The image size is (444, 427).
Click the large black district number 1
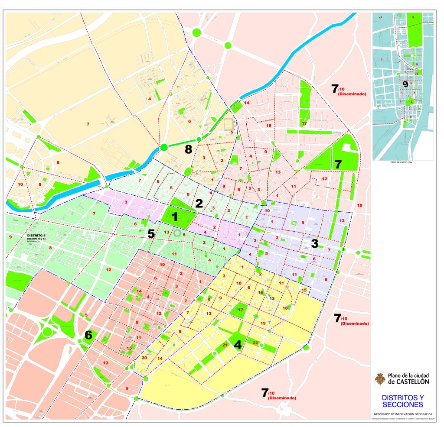point(175,217)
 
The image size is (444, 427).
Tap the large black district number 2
point(199,204)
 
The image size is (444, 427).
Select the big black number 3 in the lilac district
point(315,243)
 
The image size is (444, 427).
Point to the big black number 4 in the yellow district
point(238,345)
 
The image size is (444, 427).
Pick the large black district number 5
point(151,233)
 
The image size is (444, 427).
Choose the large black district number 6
point(88,335)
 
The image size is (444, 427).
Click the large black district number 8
point(188,150)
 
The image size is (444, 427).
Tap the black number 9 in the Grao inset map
point(405,84)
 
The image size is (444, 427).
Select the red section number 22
point(255,343)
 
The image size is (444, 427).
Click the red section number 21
point(225,345)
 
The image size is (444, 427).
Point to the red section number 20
point(144,358)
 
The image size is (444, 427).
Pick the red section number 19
point(263,323)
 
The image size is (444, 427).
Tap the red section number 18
point(285,308)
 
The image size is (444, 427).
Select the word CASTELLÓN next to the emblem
point(409,382)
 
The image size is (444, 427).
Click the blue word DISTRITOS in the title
point(402,397)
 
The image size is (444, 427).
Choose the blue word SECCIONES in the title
point(402,404)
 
